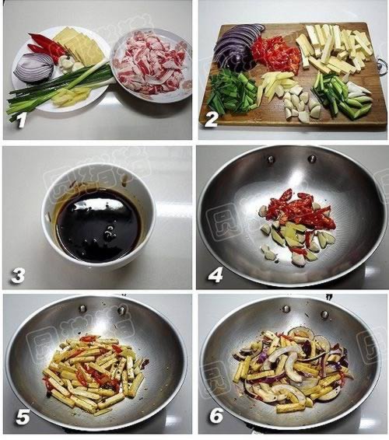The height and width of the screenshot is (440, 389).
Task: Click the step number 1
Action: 21,120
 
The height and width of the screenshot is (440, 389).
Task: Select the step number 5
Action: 21,417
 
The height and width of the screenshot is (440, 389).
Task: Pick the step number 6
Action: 215,417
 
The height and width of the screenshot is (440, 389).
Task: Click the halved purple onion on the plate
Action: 34,68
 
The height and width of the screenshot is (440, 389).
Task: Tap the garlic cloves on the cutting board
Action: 300,105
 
